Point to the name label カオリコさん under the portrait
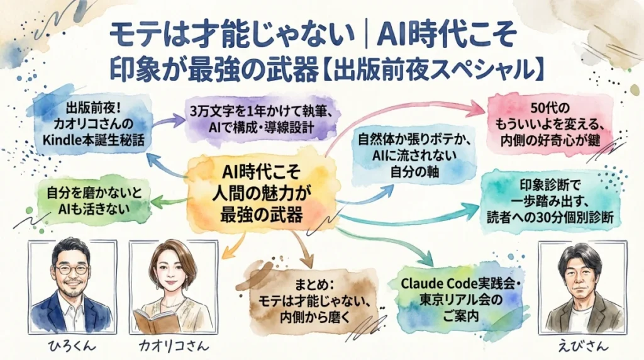coord(173,346)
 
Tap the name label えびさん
coord(574,346)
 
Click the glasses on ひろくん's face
coord(71,269)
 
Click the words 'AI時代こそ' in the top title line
coord(448,31)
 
